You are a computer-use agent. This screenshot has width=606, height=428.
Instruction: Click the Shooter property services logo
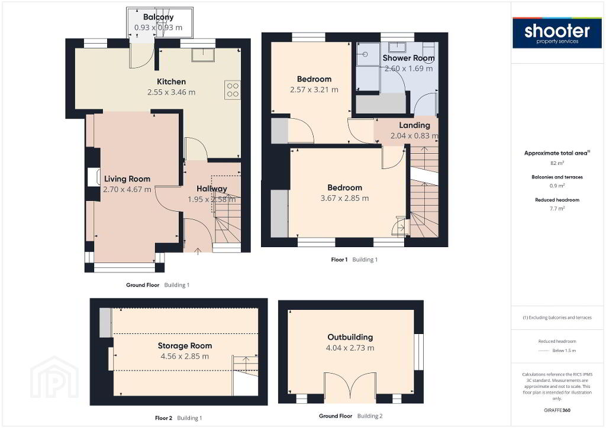557,33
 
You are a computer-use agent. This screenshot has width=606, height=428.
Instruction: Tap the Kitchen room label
171,82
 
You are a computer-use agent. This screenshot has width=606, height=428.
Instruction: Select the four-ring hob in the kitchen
233,89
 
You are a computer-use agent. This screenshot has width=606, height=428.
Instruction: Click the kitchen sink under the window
203,55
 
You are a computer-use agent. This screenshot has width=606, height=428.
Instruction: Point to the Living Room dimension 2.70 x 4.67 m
127,190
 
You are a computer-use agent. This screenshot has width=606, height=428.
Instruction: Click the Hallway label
212,189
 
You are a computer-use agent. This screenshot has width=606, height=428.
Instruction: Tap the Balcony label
159,17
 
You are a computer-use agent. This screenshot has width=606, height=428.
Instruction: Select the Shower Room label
408,58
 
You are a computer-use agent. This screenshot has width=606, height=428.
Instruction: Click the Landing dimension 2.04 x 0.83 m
414,135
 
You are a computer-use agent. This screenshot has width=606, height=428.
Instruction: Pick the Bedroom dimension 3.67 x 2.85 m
345,198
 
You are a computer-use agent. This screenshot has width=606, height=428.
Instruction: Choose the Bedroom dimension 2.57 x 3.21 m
314,89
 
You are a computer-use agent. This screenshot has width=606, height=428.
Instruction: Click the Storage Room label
185,346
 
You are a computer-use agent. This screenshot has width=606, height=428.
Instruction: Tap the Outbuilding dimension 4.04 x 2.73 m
350,348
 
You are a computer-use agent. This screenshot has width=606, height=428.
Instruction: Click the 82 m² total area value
557,163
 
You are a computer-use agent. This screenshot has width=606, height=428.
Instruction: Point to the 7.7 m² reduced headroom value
557,209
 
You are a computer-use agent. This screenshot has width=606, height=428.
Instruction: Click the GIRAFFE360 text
557,410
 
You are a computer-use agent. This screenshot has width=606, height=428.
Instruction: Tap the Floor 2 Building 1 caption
179,418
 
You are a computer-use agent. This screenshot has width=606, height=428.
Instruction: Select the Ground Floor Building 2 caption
350,416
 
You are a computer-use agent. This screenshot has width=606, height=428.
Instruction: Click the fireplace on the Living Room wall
94,177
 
